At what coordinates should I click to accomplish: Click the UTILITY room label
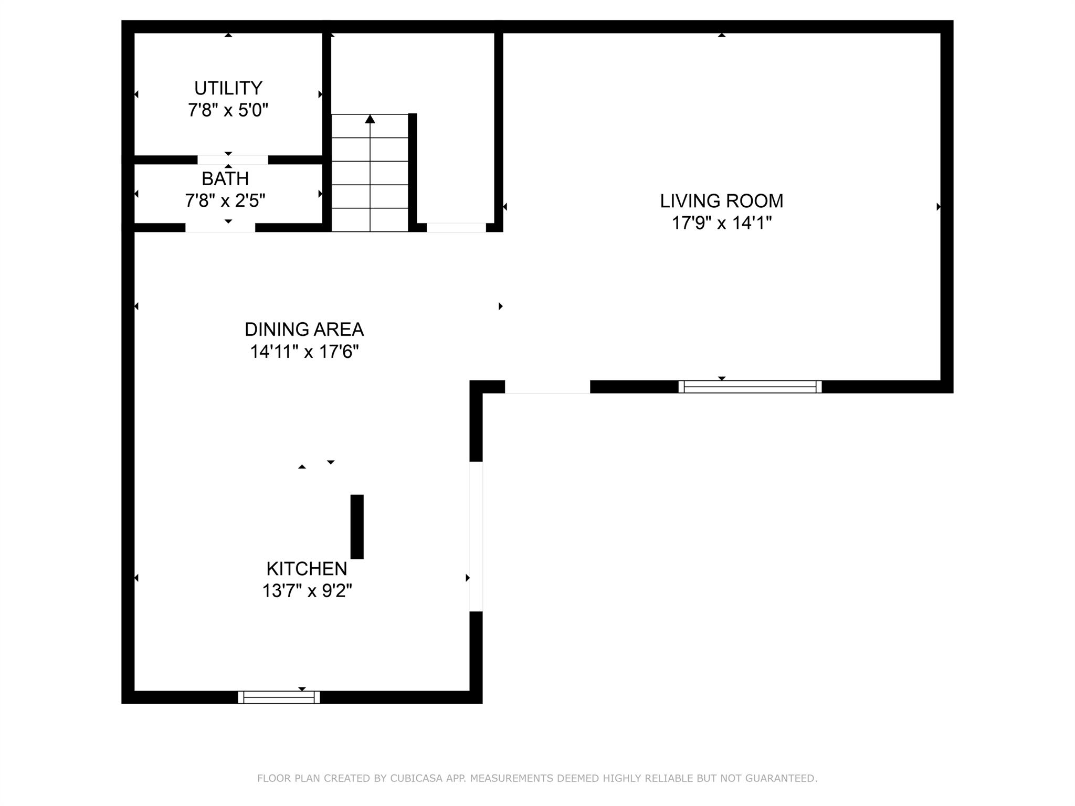point(228,88)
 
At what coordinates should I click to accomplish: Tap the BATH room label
point(225,178)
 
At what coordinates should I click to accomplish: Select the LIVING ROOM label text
point(721,200)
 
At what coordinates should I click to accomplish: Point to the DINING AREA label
point(304,329)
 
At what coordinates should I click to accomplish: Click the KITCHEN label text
point(307,568)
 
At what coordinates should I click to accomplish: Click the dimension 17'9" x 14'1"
point(722,223)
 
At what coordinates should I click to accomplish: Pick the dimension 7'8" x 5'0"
point(228,110)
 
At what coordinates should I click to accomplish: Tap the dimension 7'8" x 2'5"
point(225,200)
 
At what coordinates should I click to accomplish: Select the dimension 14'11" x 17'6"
point(304,352)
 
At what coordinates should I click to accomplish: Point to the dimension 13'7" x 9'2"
point(307,591)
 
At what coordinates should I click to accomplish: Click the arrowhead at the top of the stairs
point(370,119)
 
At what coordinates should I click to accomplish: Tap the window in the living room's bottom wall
point(750,387)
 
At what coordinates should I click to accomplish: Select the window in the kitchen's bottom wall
point(279,697)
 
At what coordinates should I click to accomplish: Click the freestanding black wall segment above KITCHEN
point(357,526)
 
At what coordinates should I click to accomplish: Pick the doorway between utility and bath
point(233,160)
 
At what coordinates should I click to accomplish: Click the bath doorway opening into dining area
point(220,228)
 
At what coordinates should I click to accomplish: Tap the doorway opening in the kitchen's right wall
point(476,536)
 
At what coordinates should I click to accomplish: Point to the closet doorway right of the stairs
point(456,228)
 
